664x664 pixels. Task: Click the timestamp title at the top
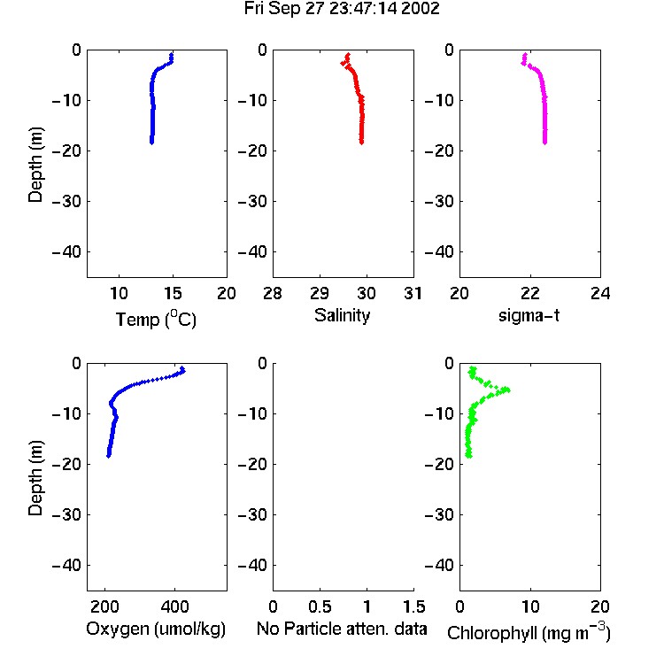[x=342, y=9]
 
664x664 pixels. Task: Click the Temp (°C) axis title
[x=156, y=319]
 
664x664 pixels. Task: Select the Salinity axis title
[x=342, y=315]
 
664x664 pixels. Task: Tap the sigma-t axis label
[x=529, y=315]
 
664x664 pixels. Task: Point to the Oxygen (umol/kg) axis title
[x=156, y=629]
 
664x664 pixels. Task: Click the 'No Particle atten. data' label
[x=342, y=629]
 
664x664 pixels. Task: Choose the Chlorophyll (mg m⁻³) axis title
[x=529, y=631]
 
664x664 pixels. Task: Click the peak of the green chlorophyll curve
[x=508, y=390]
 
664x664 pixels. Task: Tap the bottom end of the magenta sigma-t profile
[x=545, y=143]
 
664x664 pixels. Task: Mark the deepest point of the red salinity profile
[x=361, y=143]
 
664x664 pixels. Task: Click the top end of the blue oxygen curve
[x=182, y=368]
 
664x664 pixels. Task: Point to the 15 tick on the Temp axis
[x=173, y=293]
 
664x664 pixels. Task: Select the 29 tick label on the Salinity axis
[x=320, y=293]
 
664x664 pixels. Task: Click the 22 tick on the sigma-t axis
[x=529, y=293]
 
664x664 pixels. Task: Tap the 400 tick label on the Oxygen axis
[x=174, y=606]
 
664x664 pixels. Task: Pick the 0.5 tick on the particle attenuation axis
[x=320, y=606]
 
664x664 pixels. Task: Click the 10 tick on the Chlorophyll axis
[x=529, y=606]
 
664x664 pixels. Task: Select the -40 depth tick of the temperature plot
[x=66, y=252]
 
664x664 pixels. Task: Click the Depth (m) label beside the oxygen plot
[x=35, y=478]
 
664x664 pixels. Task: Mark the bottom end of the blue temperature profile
[x=151, y=143]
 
